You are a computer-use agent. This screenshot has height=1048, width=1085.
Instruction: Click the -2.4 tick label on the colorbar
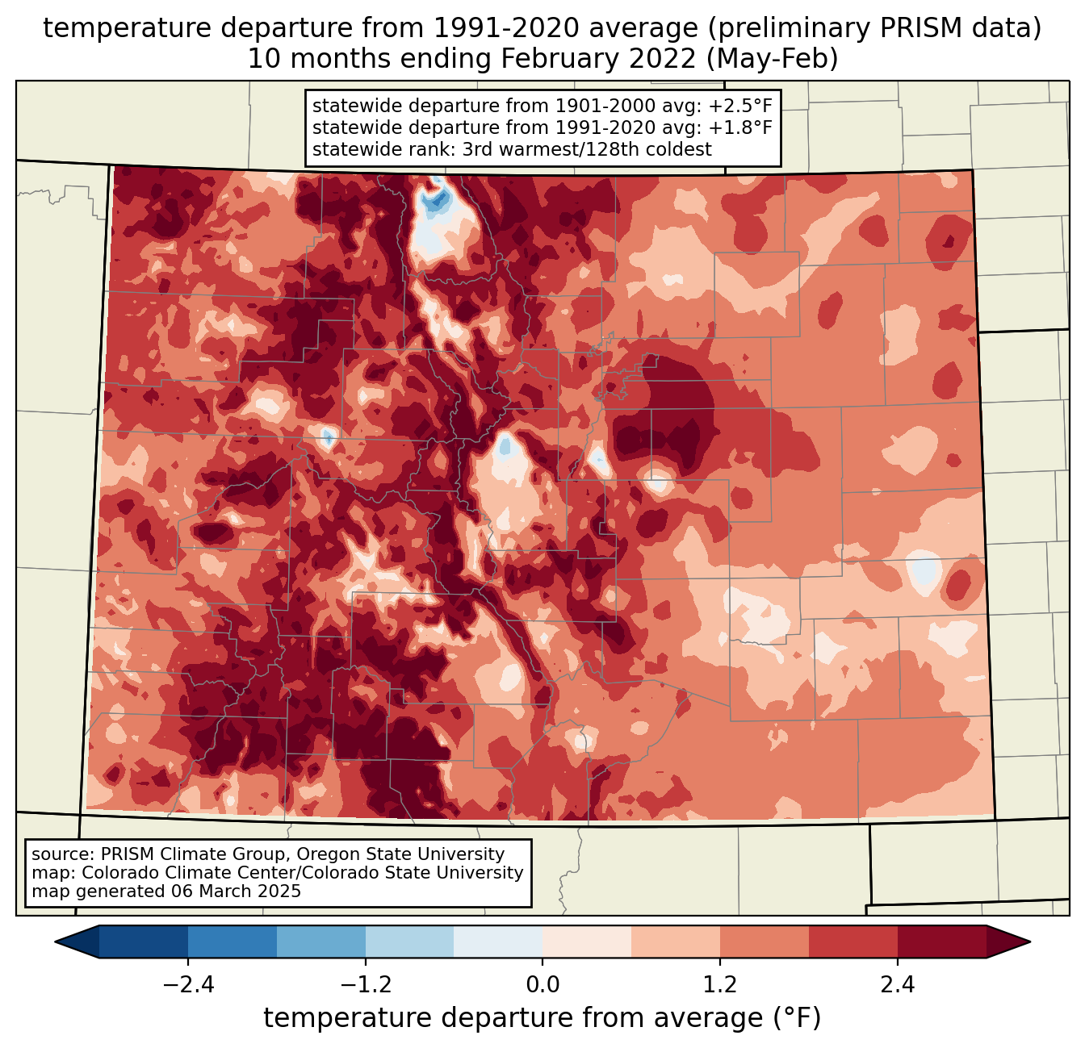click(188, 985)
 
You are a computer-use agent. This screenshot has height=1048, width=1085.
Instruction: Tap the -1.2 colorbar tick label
click(365, 985)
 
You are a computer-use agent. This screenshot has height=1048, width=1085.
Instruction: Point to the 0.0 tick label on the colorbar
click(542, 985)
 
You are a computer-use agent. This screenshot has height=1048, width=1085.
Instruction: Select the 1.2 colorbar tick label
click(719, 985)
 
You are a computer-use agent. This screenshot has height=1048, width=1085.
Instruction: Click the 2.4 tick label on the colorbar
click(897, 985)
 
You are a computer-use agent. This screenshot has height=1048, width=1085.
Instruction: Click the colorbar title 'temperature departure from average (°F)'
click(542, 1018)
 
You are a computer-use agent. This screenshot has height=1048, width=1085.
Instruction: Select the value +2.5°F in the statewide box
click(740, 106)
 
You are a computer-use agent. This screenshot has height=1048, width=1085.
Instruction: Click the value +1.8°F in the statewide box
click(740, 127)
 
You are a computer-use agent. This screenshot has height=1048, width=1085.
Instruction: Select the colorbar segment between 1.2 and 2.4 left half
click(764, 942)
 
